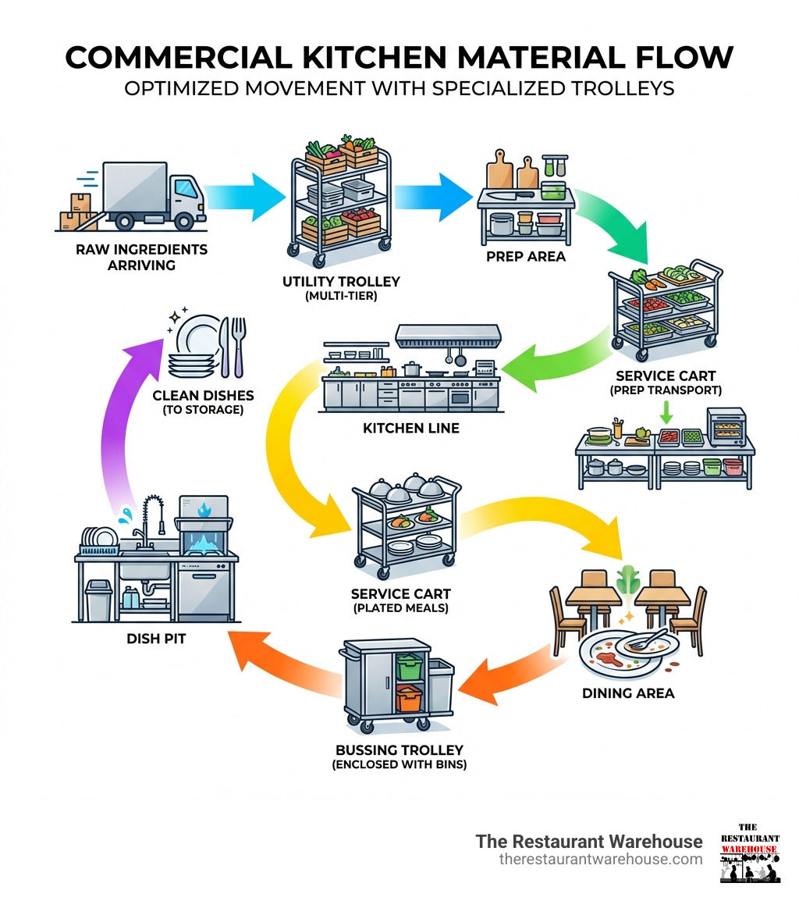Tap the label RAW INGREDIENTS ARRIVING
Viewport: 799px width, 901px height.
point(142,257)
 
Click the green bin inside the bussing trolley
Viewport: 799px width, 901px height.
point(409,666)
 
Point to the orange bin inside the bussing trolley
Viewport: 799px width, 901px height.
point(408,697)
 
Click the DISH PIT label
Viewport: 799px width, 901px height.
point(157,639)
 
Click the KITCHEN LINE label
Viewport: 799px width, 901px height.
point(411,429)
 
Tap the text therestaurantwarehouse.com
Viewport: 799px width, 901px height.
point(601,860)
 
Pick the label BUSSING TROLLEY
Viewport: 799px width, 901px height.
point(399,750)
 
